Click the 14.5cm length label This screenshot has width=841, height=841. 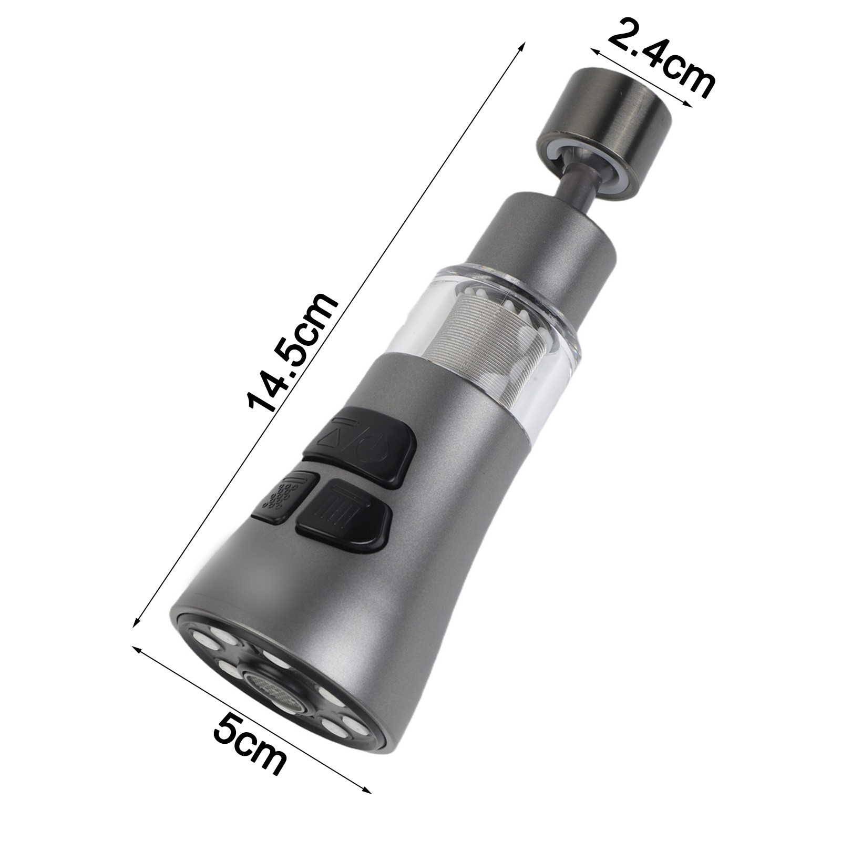(292, 353)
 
